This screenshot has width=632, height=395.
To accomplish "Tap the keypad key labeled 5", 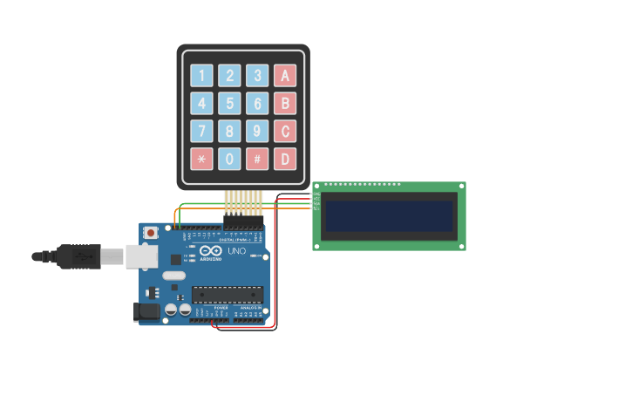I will (229, 104).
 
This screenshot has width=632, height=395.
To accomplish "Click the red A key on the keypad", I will (285, 76).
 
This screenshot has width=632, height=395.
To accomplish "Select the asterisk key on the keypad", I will (201, 160).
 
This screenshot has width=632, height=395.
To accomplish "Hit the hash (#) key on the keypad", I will (257, 160).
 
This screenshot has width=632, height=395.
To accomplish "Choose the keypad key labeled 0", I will (229, 160).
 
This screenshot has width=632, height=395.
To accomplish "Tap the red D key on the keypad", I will (285, 160).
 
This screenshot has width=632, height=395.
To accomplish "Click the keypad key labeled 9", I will (257, 132).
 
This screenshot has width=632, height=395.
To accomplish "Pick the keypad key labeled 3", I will (257, 76).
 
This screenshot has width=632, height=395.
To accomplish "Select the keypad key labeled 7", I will (201, 132).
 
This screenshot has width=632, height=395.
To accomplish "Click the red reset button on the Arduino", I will (151, 233).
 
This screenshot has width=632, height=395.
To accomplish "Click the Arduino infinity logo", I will (210, 252).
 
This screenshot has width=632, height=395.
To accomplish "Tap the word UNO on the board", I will (237, 251).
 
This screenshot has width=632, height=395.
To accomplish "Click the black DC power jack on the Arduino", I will (145, 311).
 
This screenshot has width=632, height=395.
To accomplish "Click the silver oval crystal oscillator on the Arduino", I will (174, 276).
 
